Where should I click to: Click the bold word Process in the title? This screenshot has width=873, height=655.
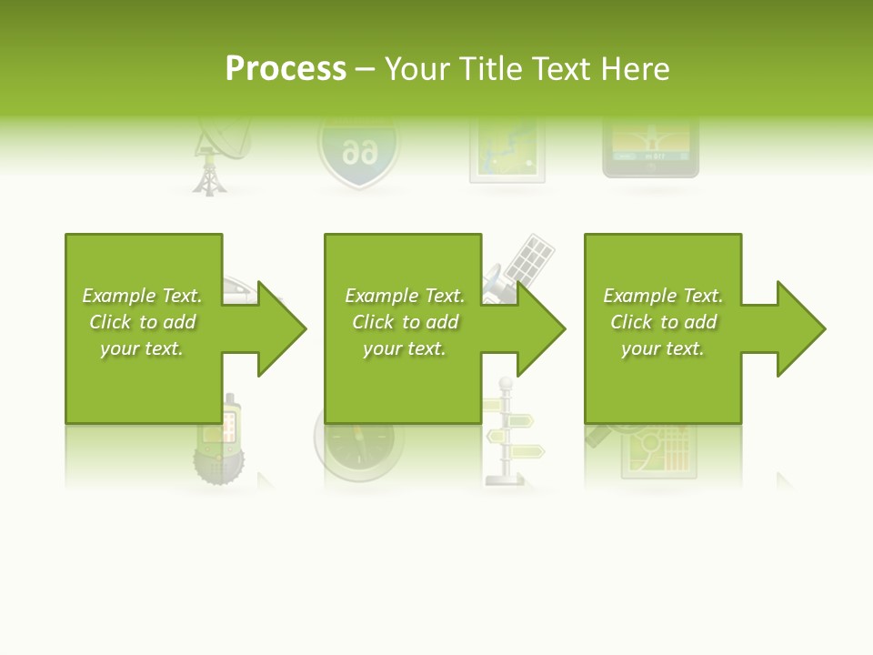pyautogui.click(x=286, y=68)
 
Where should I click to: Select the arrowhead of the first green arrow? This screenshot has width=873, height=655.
pyautogui.click(x=281, y=328)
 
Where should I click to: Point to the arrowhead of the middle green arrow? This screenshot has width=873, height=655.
pyautogui.click(x=540, y=328)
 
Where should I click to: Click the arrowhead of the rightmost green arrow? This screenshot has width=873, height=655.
pyautogui.click(x=800, y=328)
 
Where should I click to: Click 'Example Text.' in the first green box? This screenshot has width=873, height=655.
pyautogui.click(x=143, y=296)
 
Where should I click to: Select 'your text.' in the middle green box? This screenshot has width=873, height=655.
pyautogui.click(x=404, y=348)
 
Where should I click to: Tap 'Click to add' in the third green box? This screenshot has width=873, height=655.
pyautogui.click(x=663, y=322)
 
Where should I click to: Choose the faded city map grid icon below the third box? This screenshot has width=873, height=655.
pyautogui.click(x=658, y=450)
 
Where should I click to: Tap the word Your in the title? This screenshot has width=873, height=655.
pyautogui.click(x=419, y=68)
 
